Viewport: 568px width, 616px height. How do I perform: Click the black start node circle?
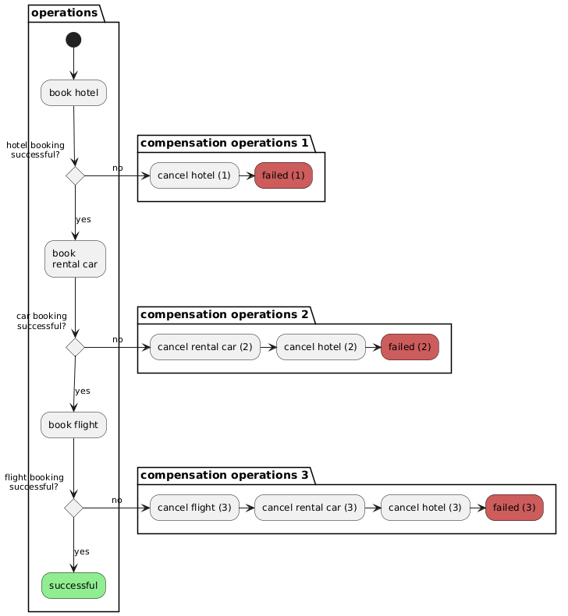(73, 40)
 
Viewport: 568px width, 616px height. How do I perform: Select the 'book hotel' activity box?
(73, 93)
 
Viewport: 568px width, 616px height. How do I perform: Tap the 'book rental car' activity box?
(75, 259)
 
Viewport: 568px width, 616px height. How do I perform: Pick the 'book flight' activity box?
(73, 425)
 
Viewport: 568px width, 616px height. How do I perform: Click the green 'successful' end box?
(73, 586)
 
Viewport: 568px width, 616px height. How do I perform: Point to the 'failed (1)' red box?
(283, 175)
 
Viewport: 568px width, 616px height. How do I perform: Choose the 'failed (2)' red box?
(410, 347)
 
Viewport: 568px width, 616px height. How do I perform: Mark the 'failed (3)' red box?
(514, 508)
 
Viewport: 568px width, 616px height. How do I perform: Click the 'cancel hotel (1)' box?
(194, 175)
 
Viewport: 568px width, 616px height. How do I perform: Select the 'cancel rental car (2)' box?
(205, 347)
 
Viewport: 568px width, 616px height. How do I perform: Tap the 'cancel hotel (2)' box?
(321, 347)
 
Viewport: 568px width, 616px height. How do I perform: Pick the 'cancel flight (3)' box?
(194, 508)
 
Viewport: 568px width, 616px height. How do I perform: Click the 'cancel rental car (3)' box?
(310, 508)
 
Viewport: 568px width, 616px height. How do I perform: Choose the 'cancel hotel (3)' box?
(425, 508)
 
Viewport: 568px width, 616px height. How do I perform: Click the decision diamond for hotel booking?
(75, 175)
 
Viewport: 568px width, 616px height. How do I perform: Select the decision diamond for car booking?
(75, 347)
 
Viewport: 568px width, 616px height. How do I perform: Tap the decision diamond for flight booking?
(73, 508)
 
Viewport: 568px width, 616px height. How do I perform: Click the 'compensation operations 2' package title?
(225, 315)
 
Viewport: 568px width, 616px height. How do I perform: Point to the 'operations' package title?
(65, 13)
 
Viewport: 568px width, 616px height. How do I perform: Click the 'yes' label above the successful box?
(82, 551)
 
